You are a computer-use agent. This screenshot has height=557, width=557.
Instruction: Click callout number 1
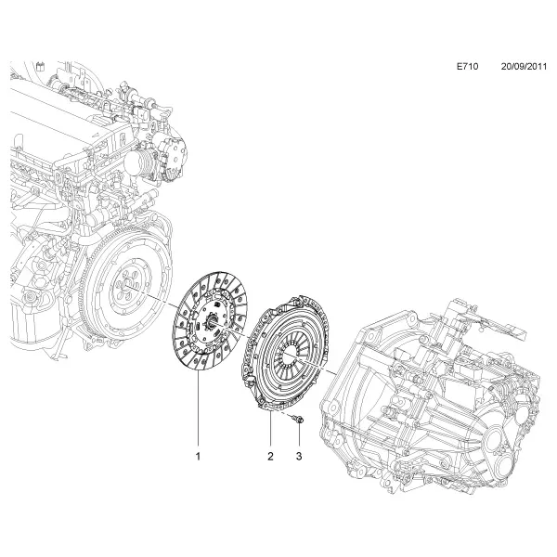point(198,456)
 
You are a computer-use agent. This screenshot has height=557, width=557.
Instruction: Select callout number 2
point(271,456)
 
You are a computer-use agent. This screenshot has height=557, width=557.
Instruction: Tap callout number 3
point(299,456)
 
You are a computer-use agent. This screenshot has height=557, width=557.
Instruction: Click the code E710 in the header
point(467,67)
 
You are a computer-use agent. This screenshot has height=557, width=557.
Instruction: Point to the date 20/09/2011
point(524,67)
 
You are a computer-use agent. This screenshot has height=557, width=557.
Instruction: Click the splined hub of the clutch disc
point(212,322)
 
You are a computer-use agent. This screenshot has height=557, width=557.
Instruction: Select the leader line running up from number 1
point(198,411)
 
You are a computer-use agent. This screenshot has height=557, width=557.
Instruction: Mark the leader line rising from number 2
point(271,430)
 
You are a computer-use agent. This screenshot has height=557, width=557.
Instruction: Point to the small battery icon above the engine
point(41,67)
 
